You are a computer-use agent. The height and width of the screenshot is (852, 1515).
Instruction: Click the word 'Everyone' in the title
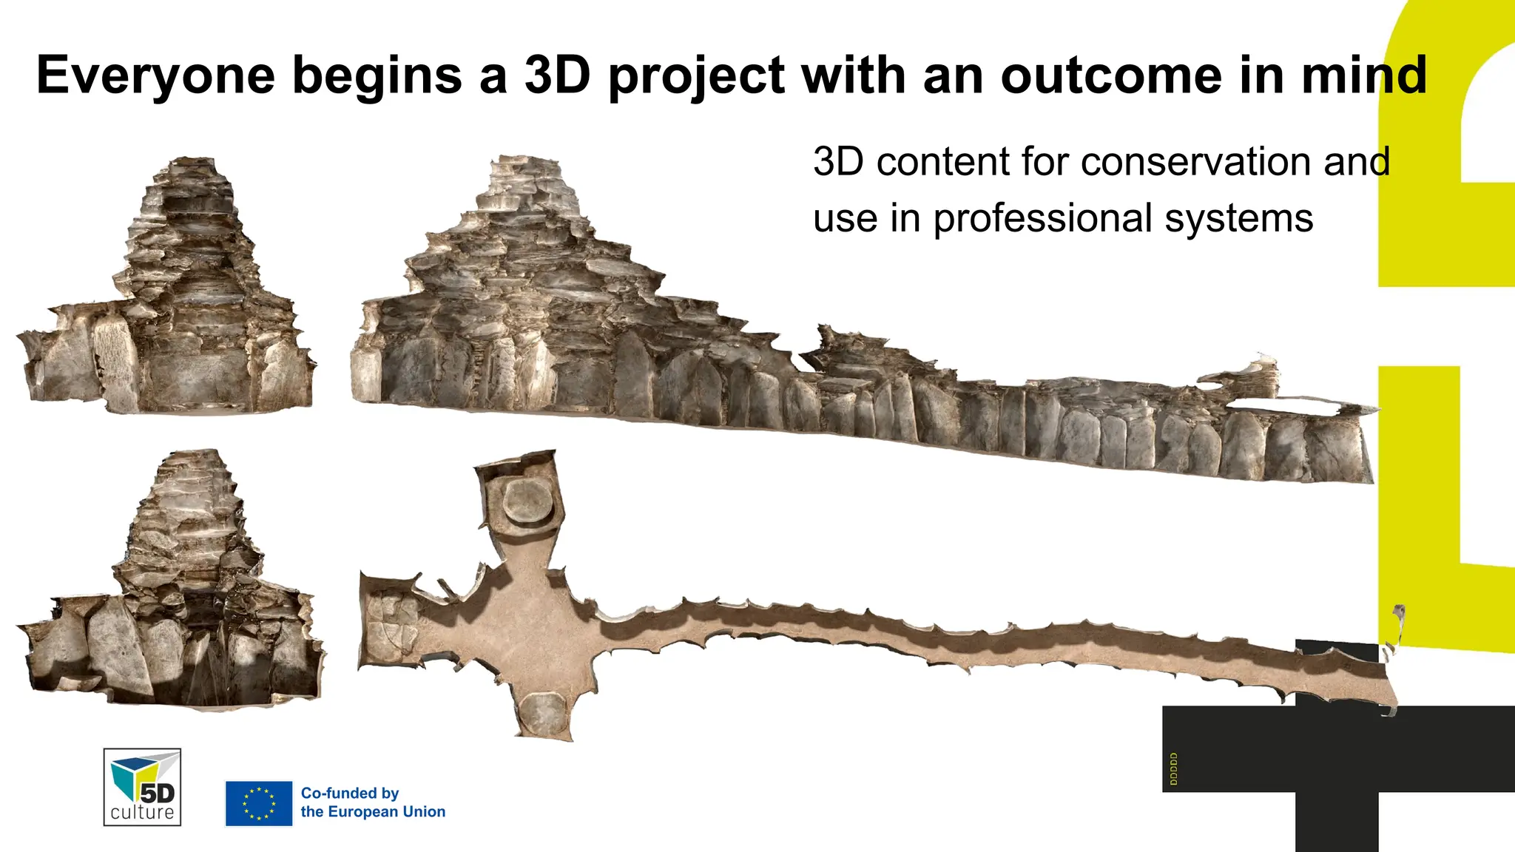pyautogui.click(x=155, y=75)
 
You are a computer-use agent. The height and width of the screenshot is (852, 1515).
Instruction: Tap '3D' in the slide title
pyautogui.click(x=557, y=75)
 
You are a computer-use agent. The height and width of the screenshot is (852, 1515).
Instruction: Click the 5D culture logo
pyautogui.click(x=142, y=787)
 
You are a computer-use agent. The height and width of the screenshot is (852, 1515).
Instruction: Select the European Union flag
pyautogui.click(x=259, y=803)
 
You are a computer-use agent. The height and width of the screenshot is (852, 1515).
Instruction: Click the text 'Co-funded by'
pyautogui.click(x=350, y=794)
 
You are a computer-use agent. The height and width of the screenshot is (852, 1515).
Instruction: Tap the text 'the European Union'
pyautogui.click(x=373, y=812)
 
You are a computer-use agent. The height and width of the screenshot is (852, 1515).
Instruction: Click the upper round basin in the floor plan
pyautogui.click(x=528, y=501)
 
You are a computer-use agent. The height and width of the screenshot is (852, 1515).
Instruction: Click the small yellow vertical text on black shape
pyautogui.click(x=1174, y=769)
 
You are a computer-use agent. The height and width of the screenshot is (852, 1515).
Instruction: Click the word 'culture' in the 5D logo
pyautogui.click(x=142, y=813)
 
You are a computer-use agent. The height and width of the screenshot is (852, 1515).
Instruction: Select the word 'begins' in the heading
pyautogui.click(x=377, y=75)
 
